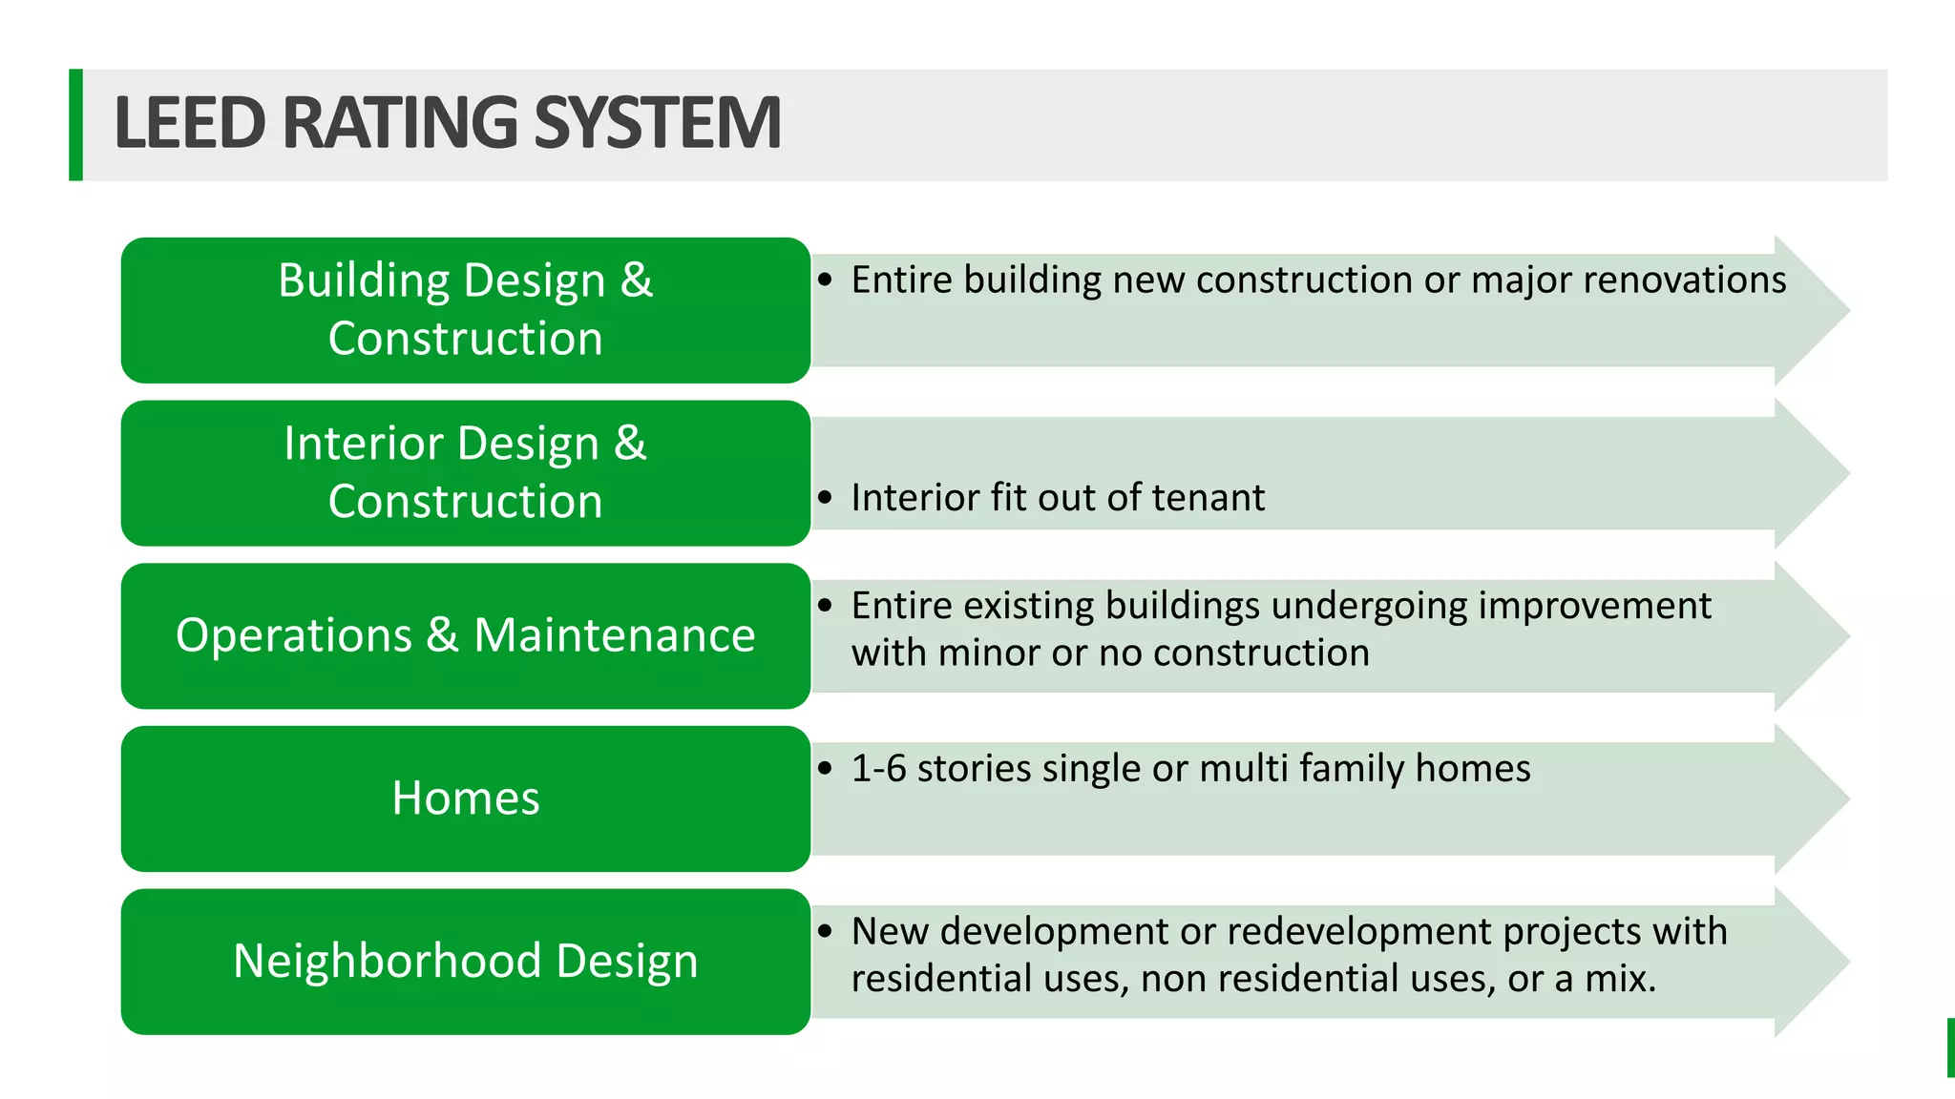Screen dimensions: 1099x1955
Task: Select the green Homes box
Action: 466,798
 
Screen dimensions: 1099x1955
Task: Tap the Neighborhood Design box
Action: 466,961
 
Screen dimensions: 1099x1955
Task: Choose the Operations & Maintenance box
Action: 466,635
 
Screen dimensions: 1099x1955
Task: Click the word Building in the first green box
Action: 364,281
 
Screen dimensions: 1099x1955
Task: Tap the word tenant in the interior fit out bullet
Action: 1209,498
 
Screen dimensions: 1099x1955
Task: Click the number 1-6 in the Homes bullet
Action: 878,769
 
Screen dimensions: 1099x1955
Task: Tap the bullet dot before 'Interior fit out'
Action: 826,498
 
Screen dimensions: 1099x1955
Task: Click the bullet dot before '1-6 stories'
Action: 826,769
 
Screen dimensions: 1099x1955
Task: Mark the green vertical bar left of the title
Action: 75,125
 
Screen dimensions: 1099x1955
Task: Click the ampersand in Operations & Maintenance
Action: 442,635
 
